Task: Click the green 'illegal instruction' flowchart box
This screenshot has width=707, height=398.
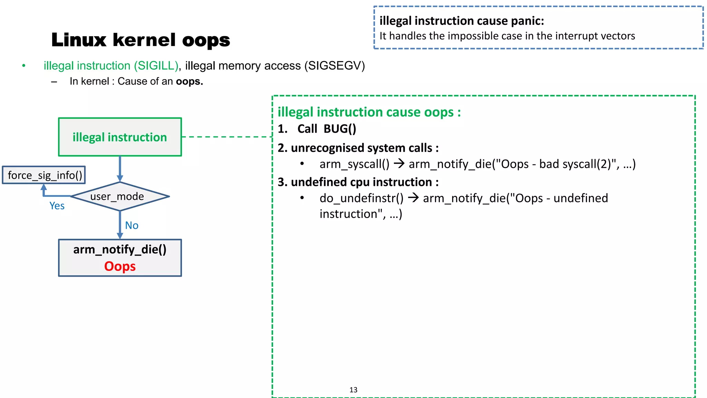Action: point(120,137)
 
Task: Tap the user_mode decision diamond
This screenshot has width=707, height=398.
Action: point(120,196)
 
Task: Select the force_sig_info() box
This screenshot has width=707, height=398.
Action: point(44,175)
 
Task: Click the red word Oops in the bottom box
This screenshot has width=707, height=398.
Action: point(120,266)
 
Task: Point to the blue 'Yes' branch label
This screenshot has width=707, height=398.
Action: point(57,206)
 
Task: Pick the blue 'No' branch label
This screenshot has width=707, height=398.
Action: point(132,226)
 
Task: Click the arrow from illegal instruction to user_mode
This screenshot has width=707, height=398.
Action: point(120,169)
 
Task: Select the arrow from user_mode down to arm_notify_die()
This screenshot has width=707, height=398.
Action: point(120,225)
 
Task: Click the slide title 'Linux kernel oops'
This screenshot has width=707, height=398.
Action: point(141,40)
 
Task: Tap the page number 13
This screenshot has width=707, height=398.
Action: point(353,390)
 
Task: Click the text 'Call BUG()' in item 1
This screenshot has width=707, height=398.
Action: point(327,129)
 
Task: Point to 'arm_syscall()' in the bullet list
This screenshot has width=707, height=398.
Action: point(354,164)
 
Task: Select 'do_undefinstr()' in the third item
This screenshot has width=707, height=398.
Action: point(361,198)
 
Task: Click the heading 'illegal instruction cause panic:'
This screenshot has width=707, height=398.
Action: point(462,21)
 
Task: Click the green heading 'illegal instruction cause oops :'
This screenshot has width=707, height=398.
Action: point(369,112)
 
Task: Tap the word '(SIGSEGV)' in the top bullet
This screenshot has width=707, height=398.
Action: point(334,66)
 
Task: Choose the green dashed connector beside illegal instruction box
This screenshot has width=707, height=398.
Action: point(227,137)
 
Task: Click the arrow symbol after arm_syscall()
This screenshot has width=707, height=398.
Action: point(399,163)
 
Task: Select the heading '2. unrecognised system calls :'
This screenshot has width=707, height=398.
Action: point(358,148)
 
